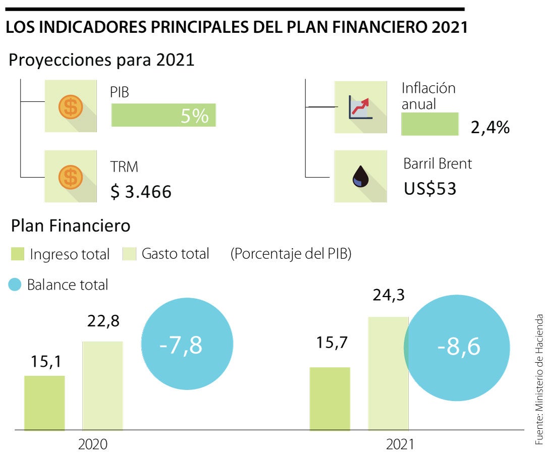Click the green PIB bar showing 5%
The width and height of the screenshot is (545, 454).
tap(163, 115)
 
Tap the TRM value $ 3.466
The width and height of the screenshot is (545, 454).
tap(141, 192)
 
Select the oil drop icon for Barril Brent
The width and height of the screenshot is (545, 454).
tap(360, 177)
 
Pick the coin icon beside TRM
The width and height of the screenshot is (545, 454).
tap(71, 177)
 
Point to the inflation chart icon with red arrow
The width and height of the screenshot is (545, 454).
tap(360, 107)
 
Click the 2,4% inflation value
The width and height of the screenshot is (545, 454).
tap(489, 127)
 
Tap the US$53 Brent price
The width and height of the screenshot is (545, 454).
tap(430, 189)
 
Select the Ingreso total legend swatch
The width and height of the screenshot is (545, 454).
tap(18, 254)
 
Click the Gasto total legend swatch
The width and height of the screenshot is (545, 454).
tap(130, 254)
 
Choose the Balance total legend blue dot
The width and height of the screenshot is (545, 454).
tap(15, 285)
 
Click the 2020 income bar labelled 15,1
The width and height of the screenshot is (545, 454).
tap(44, 403)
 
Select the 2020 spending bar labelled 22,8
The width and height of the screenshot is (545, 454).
tap(102, 386)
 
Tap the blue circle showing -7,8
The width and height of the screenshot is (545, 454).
tap(186, 346)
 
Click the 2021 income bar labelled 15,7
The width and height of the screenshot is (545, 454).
tap(330, 399)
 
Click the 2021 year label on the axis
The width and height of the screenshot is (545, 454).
tap(400, 444)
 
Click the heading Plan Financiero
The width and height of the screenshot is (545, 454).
tap(71, 226)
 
